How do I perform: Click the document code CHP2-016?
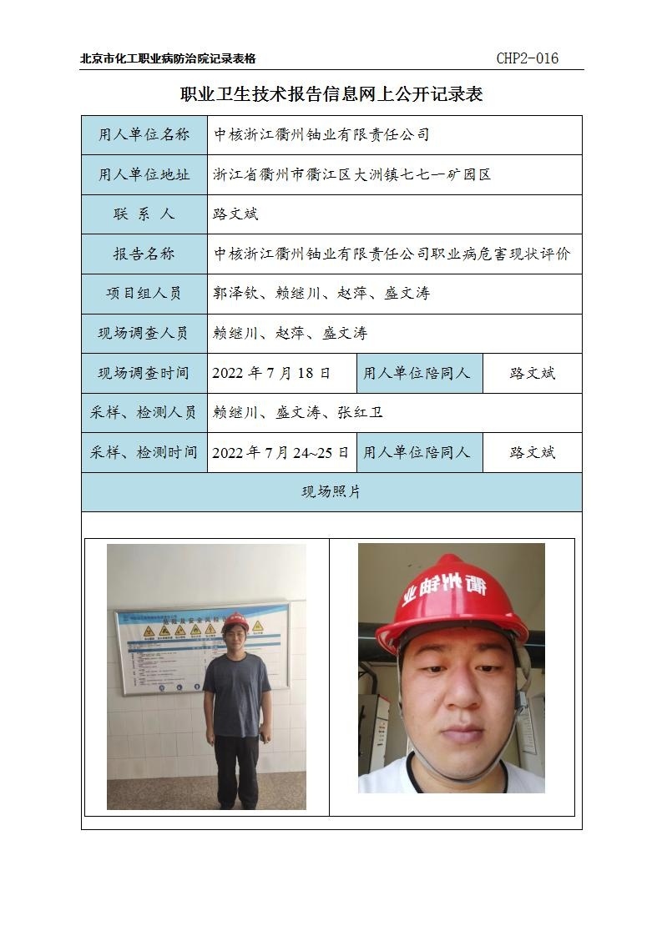527,58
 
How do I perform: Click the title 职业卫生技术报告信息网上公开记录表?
331,94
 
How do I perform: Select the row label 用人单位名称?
144,134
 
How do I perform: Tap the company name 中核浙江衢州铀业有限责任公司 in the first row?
321,134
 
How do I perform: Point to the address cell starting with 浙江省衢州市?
351,174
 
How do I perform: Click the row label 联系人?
144,214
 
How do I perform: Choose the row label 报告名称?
144,254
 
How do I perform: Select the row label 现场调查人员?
144,333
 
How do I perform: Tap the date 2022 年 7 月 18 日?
271,373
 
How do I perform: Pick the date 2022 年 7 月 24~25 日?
280,452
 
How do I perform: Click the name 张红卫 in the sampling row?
360,412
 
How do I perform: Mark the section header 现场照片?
331,492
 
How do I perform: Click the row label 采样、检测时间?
144,452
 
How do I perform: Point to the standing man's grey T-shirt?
237,692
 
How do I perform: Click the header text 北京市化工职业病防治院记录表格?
168,58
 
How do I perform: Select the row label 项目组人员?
144,294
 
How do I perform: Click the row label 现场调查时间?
144,373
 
